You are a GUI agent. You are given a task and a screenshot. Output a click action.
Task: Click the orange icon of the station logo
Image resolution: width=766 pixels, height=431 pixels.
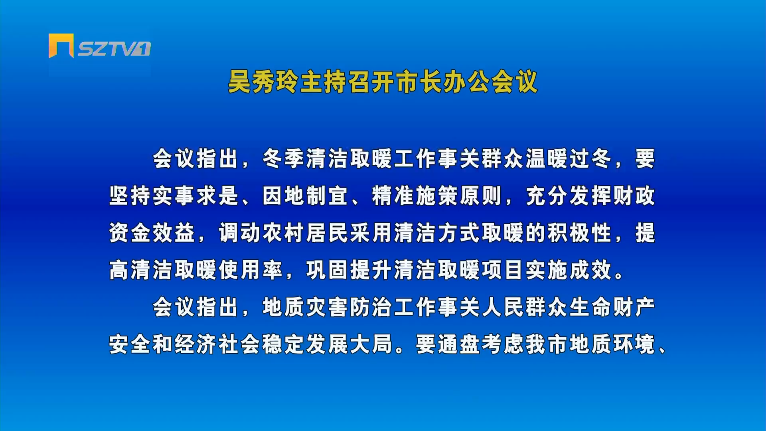point(61,45)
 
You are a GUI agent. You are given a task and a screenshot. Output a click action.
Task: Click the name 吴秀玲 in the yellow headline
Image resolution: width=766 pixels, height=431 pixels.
point(263,82)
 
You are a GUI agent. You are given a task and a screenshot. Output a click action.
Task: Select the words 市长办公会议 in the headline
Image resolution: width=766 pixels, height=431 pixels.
point(467,82)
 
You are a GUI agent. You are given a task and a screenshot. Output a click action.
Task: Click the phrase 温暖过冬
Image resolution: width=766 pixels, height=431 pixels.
point(568,159)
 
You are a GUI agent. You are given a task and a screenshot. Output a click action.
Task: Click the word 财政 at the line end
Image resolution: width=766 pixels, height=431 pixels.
point(634,196)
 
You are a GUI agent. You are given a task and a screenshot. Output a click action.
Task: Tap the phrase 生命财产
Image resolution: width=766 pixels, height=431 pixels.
point(612,307)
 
